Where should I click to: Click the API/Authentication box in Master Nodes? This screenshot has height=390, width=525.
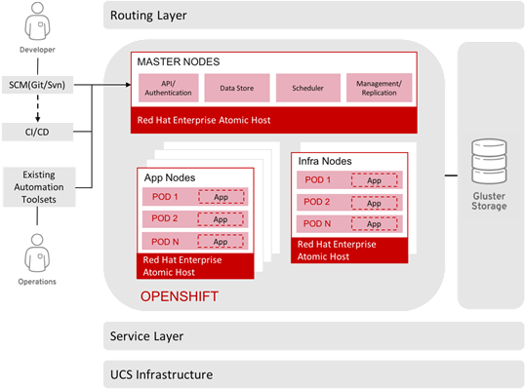point(168,89)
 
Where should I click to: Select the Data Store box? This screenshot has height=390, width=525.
point(238,89)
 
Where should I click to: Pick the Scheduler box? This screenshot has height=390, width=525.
point(307,89)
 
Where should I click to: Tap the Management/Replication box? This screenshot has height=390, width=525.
point(378,89)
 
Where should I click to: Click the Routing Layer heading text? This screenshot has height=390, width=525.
point(148,17)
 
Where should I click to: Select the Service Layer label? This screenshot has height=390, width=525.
point(146,336)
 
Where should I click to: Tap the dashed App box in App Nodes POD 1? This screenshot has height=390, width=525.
point(220,198)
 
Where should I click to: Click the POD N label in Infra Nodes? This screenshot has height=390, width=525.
point(318,224)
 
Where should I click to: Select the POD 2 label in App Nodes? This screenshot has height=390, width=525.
point(164,219)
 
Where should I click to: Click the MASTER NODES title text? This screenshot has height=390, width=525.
point(180,61)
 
